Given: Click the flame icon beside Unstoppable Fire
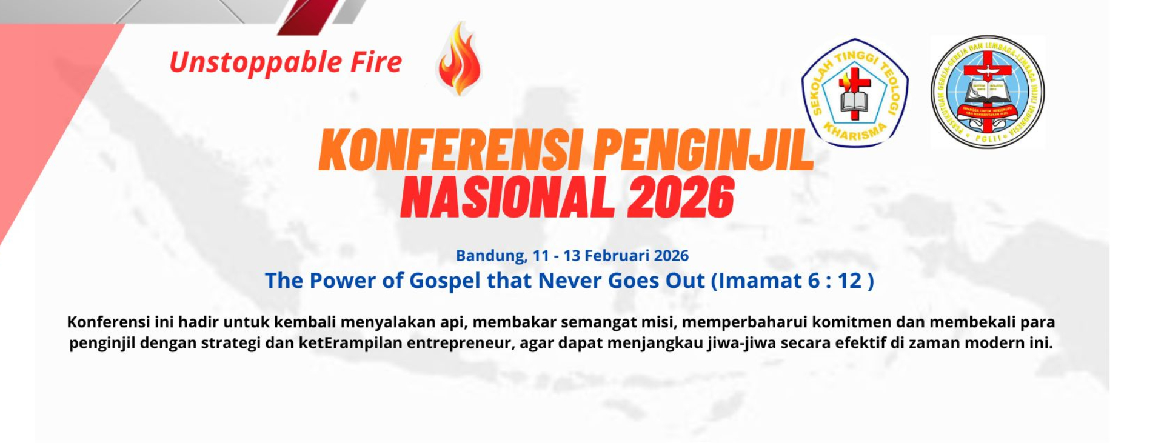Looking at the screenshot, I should [x=460, y=59].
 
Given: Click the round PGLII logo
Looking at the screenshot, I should [x=988, y=92].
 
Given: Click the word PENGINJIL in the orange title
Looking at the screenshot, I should [x=703, y=150].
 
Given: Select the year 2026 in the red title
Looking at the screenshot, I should [x=681, y=198].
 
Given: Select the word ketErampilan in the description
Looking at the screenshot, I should [x=350, y=343].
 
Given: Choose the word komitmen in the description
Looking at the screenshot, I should [x=848, y=322].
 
